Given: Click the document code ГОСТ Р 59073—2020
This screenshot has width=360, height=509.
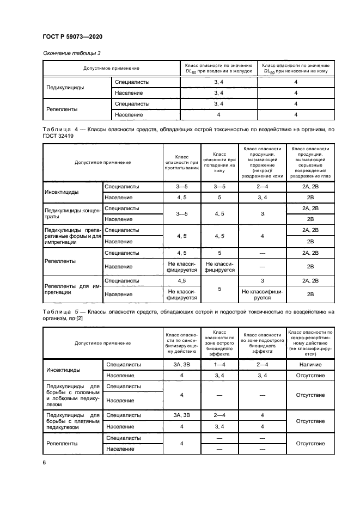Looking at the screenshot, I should (x=72, y=37).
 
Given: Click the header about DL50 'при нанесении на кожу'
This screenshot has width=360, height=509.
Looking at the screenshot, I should (x=296, y=68).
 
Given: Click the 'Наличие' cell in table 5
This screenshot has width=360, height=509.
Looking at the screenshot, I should (x=310, y=364).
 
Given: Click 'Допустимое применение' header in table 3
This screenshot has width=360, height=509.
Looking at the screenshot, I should (x=111, y=68).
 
